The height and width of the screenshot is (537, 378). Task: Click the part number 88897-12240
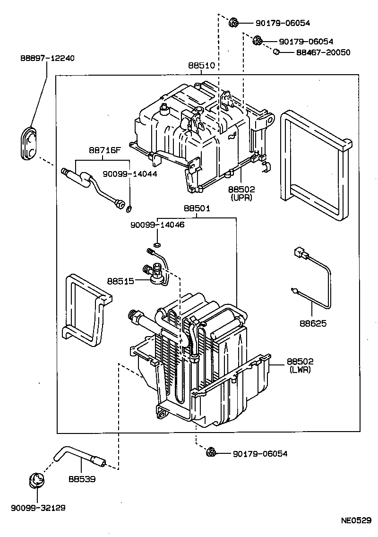click(47, 58)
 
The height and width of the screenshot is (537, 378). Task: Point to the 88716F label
click(104, 151)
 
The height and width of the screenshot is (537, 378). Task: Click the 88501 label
click(197, 208)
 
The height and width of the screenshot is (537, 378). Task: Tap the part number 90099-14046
click(158, 225)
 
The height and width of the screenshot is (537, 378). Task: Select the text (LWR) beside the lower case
click(300, 370)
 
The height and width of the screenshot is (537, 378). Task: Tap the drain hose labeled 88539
click(78, 456)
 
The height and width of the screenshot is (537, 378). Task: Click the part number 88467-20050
click(323, 52)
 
